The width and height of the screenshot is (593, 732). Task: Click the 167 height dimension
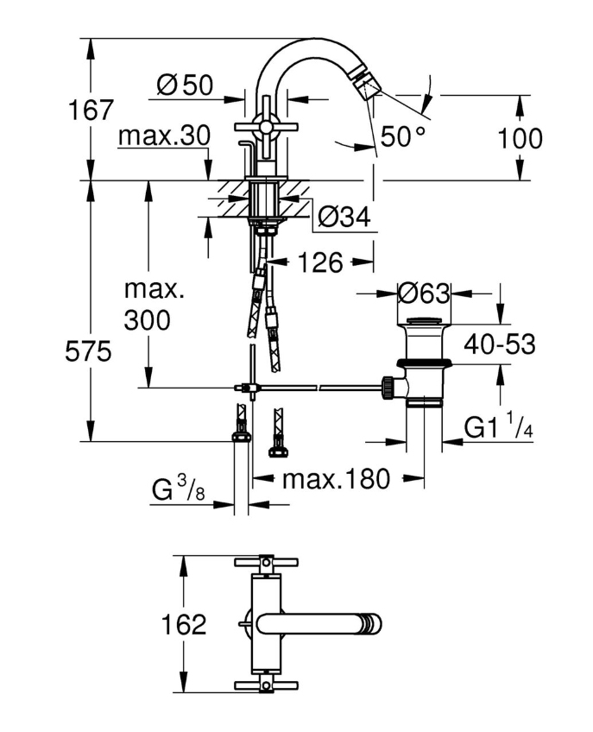click(92, 110)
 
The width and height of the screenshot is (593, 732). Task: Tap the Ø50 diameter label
click(185, 85)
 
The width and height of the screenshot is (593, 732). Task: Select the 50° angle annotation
click(403, 136)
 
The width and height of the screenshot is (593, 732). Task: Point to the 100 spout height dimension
click(520, 138)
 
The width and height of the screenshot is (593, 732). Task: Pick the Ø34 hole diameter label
click(344, 217)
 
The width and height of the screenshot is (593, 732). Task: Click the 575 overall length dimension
click(91, 352)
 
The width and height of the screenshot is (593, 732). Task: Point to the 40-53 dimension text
click(499, 344)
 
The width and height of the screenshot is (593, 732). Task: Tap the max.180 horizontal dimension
click(337, 477)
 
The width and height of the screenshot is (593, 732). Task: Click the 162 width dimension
click(182, 624)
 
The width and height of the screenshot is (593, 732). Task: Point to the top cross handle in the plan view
click(266, 562)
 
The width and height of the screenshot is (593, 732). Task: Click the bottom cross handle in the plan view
click(266, 686)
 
